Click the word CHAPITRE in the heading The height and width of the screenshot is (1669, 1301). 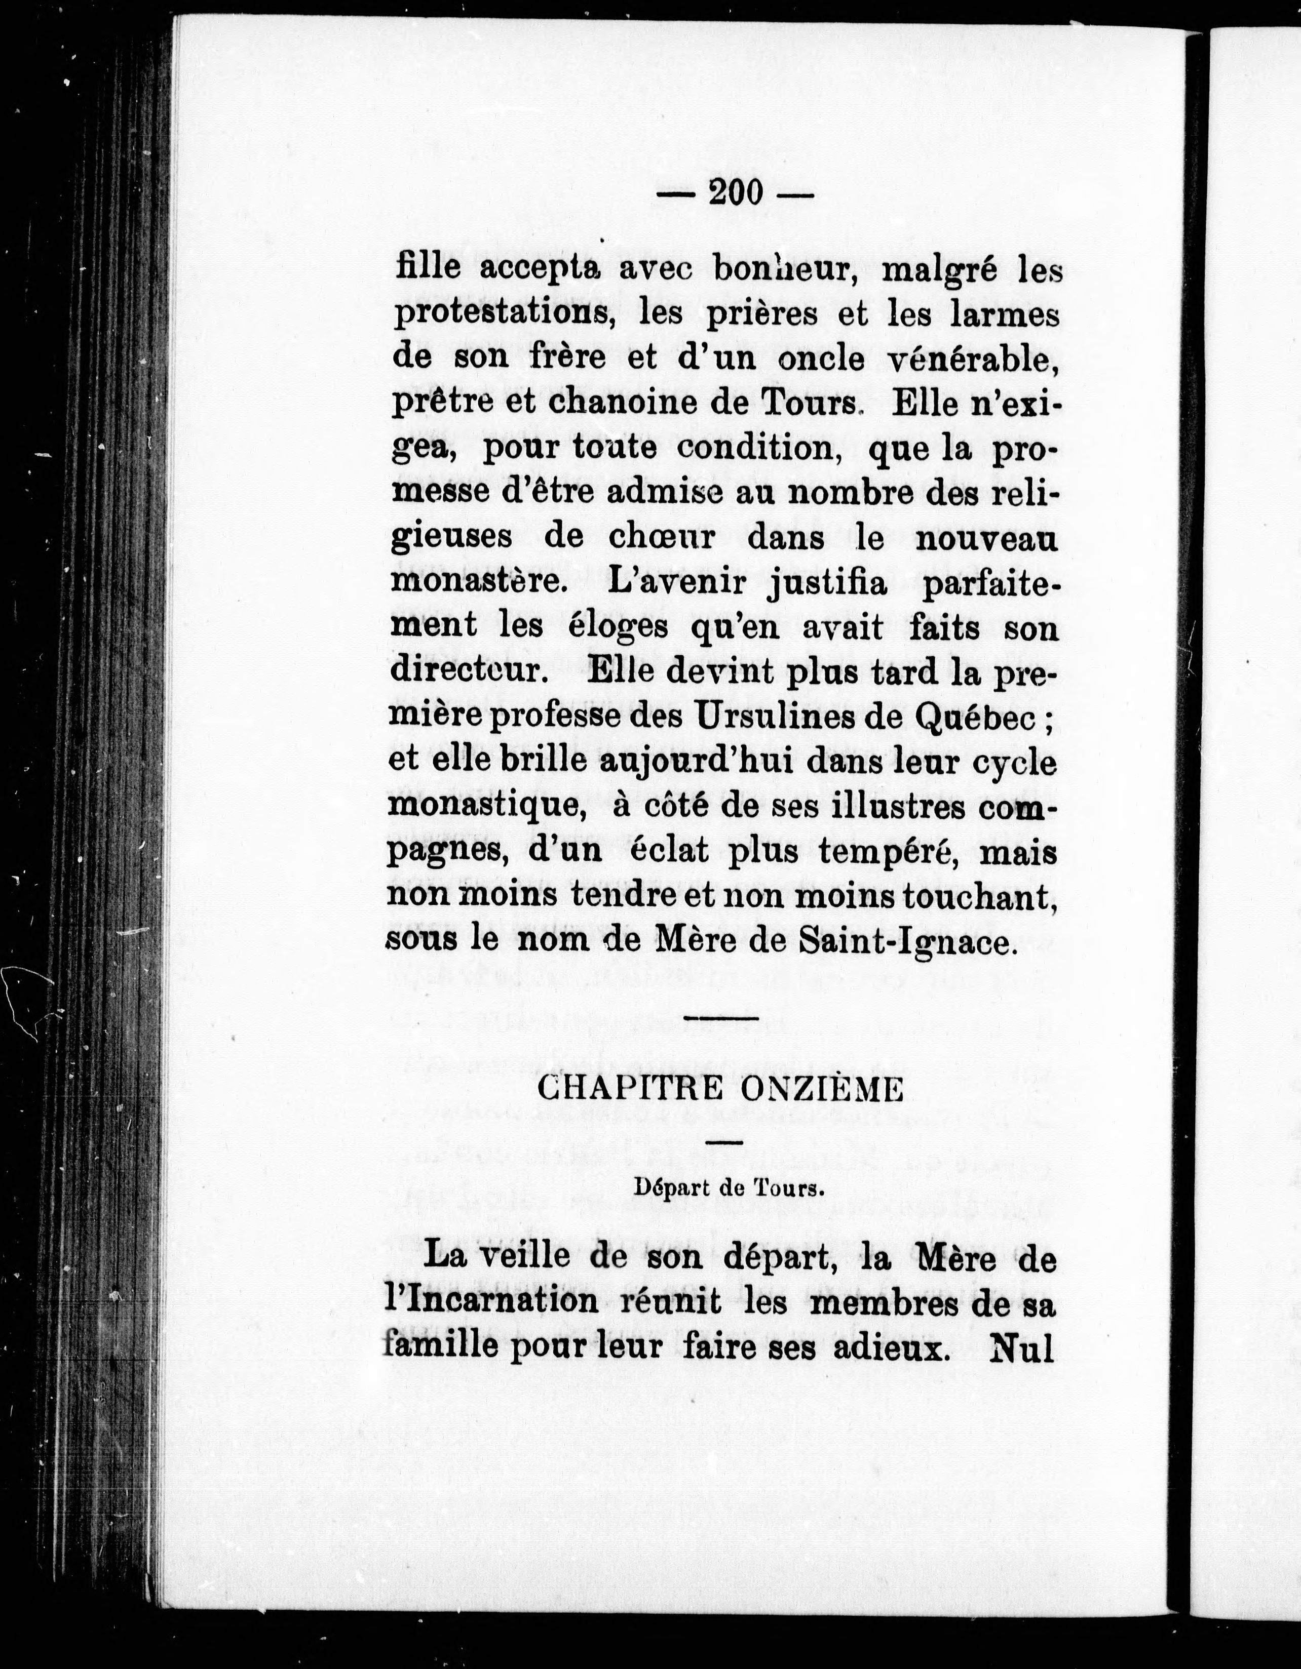tap(629, 1088)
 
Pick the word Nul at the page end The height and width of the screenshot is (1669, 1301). tap(1021, 1348)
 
